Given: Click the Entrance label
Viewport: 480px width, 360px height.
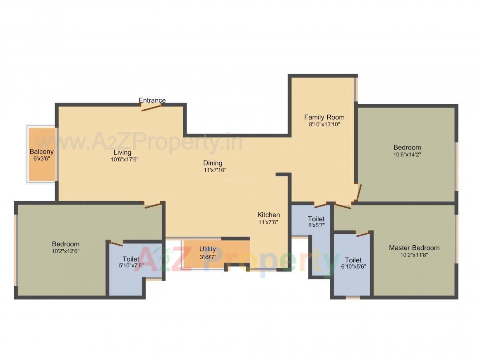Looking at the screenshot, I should pos(152,100).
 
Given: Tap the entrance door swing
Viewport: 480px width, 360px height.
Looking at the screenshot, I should pos(151,108).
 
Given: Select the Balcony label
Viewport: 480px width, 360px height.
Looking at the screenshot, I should pos(41,152).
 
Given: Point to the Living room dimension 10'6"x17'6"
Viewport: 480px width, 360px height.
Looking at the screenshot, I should pos(124,159).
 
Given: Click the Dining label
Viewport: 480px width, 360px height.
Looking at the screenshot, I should pos(213,163).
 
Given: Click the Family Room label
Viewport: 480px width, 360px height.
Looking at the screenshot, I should pos(324,117).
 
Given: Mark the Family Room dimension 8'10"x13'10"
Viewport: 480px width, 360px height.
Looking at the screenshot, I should pos(324,124).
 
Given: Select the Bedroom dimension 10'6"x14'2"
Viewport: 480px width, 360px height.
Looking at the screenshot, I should pos(407,154).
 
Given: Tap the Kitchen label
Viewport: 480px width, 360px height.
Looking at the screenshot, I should pos(269,215).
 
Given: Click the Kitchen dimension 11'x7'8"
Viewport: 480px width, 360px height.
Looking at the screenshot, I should pos(269,222).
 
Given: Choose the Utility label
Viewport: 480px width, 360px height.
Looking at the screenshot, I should pos(207,249).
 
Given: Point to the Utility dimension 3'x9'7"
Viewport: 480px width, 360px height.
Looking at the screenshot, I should pos(207,256).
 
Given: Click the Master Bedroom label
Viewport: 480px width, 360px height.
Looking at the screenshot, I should pos(414,248).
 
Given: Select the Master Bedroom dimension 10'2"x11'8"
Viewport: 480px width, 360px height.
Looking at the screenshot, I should pos(414,255).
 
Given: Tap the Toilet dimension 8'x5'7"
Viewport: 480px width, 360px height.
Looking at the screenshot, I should pos(316,226).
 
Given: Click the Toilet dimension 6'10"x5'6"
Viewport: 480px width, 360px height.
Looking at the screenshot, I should pos(353,267).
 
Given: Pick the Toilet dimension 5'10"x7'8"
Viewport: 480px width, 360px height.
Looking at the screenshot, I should pos(131,266).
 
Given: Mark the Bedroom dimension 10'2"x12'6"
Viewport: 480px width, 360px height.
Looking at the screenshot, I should pos(65,251).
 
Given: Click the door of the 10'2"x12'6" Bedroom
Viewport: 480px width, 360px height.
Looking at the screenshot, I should pos(152,205).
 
